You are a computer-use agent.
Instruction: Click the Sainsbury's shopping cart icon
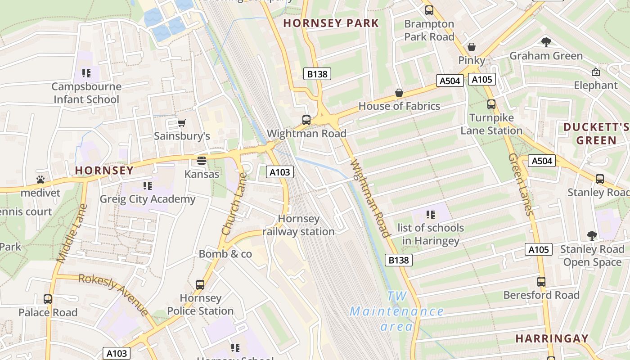tap(182, 123)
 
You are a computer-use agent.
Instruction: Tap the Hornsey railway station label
tap(298, 225)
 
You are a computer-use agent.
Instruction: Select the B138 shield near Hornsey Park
tap(317, 74)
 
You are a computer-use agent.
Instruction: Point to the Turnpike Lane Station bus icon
tap(491, 104)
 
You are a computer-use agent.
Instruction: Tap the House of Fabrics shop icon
tap(399, 93)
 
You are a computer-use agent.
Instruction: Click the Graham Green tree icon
tap(546, 43)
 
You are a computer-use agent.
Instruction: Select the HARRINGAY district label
tap(552, 338)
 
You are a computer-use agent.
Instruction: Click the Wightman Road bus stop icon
tap(306, 120)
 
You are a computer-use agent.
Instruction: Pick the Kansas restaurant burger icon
tap(202, 161)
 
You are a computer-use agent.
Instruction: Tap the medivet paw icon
tap(40, 180)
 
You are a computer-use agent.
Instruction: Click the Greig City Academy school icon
tap(147, 185)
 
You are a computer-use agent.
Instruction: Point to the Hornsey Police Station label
tap(200, 305)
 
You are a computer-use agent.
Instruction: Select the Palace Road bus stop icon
tap(48, 299)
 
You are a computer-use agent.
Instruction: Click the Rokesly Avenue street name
tap(113, 294)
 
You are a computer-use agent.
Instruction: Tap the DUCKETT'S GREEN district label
tap(596, 134)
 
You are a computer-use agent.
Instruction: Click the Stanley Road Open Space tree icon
tap(592, 235)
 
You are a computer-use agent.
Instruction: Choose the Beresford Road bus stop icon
tap(541, 282)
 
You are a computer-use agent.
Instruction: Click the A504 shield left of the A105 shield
tap(450, 81)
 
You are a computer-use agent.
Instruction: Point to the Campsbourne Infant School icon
tap(86, 73)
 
